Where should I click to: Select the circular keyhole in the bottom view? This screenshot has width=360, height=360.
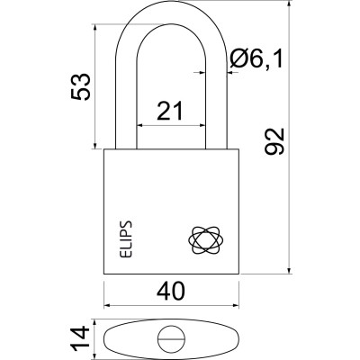pos(171,340)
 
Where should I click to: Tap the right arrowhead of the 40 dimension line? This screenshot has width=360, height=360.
pos(241,306)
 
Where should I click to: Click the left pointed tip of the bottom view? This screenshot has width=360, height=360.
pos(104,340)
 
